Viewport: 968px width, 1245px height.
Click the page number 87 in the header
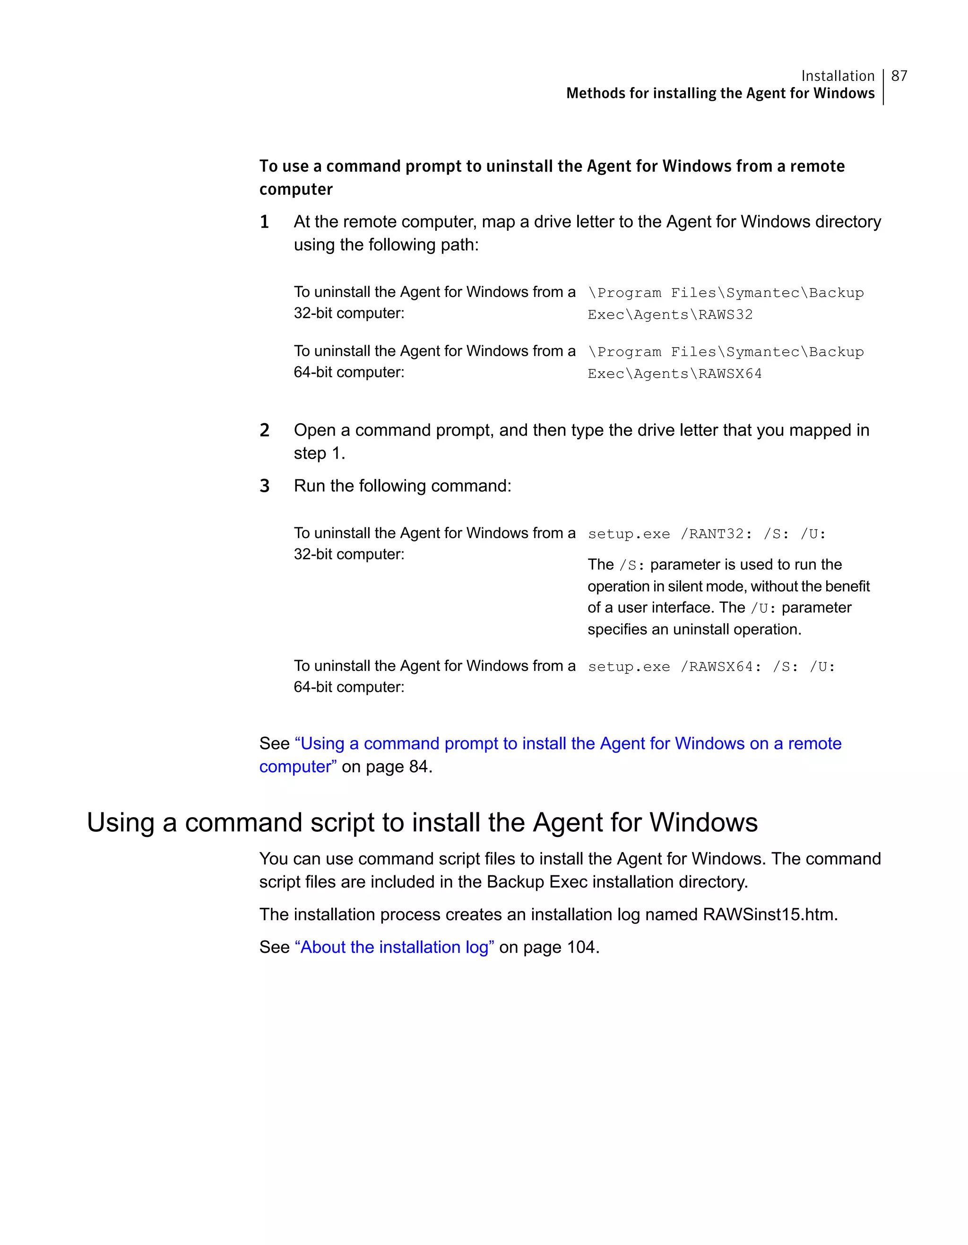(x=899, y=76)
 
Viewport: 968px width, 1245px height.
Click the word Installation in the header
(x=837, y=76)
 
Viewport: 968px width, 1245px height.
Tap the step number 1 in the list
(x=264, y=222)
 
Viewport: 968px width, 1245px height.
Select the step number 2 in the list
(x=264, y=430)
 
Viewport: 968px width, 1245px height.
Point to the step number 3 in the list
(x=264, y=486)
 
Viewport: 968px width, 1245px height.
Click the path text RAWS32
(x=725, y=314)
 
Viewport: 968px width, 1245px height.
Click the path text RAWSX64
(x=730, y=374)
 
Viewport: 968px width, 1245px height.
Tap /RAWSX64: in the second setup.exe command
(x=721, y=667)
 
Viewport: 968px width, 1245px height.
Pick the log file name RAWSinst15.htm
(x=770, y=914)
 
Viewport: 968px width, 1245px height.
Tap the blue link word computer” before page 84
(x=297, y=767)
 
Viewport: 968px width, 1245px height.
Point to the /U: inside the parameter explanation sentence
(x=763, y=608)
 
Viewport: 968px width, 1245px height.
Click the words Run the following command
(x=402, y=486)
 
